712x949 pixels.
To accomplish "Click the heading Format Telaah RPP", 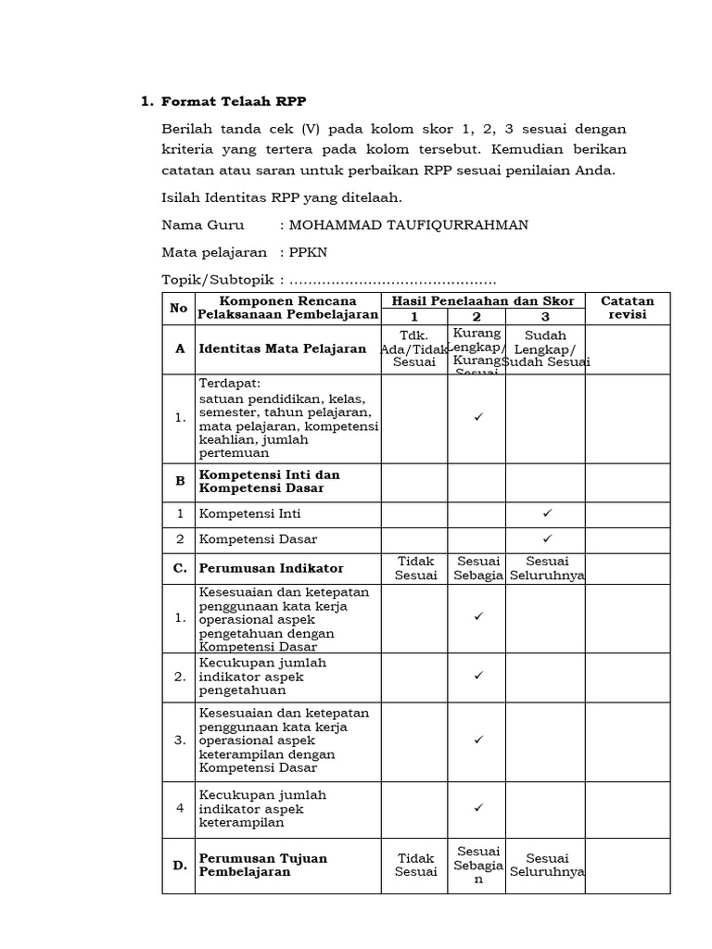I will tap(233, 101).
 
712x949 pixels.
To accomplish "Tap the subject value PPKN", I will tap(310, 252).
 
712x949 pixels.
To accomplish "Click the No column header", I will tap(178, 308).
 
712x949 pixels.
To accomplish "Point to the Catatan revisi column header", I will tap(628, 308).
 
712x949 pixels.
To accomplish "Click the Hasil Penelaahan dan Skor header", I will tap(483, 301).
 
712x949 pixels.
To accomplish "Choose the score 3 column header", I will tap(545, 316).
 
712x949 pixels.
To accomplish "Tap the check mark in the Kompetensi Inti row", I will tap(547, 513).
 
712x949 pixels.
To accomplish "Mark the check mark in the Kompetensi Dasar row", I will tap(547, 538).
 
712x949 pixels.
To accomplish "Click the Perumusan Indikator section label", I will tap(271, 568).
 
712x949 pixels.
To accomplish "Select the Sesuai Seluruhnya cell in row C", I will tap(547, 568).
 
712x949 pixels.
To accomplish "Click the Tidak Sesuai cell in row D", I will tap(414, 866).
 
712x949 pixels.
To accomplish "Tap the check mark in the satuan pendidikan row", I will tap(479, 418).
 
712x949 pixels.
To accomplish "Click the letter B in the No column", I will tap(179, 482).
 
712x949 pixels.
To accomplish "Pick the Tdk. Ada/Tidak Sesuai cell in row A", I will tap(414, 348).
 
